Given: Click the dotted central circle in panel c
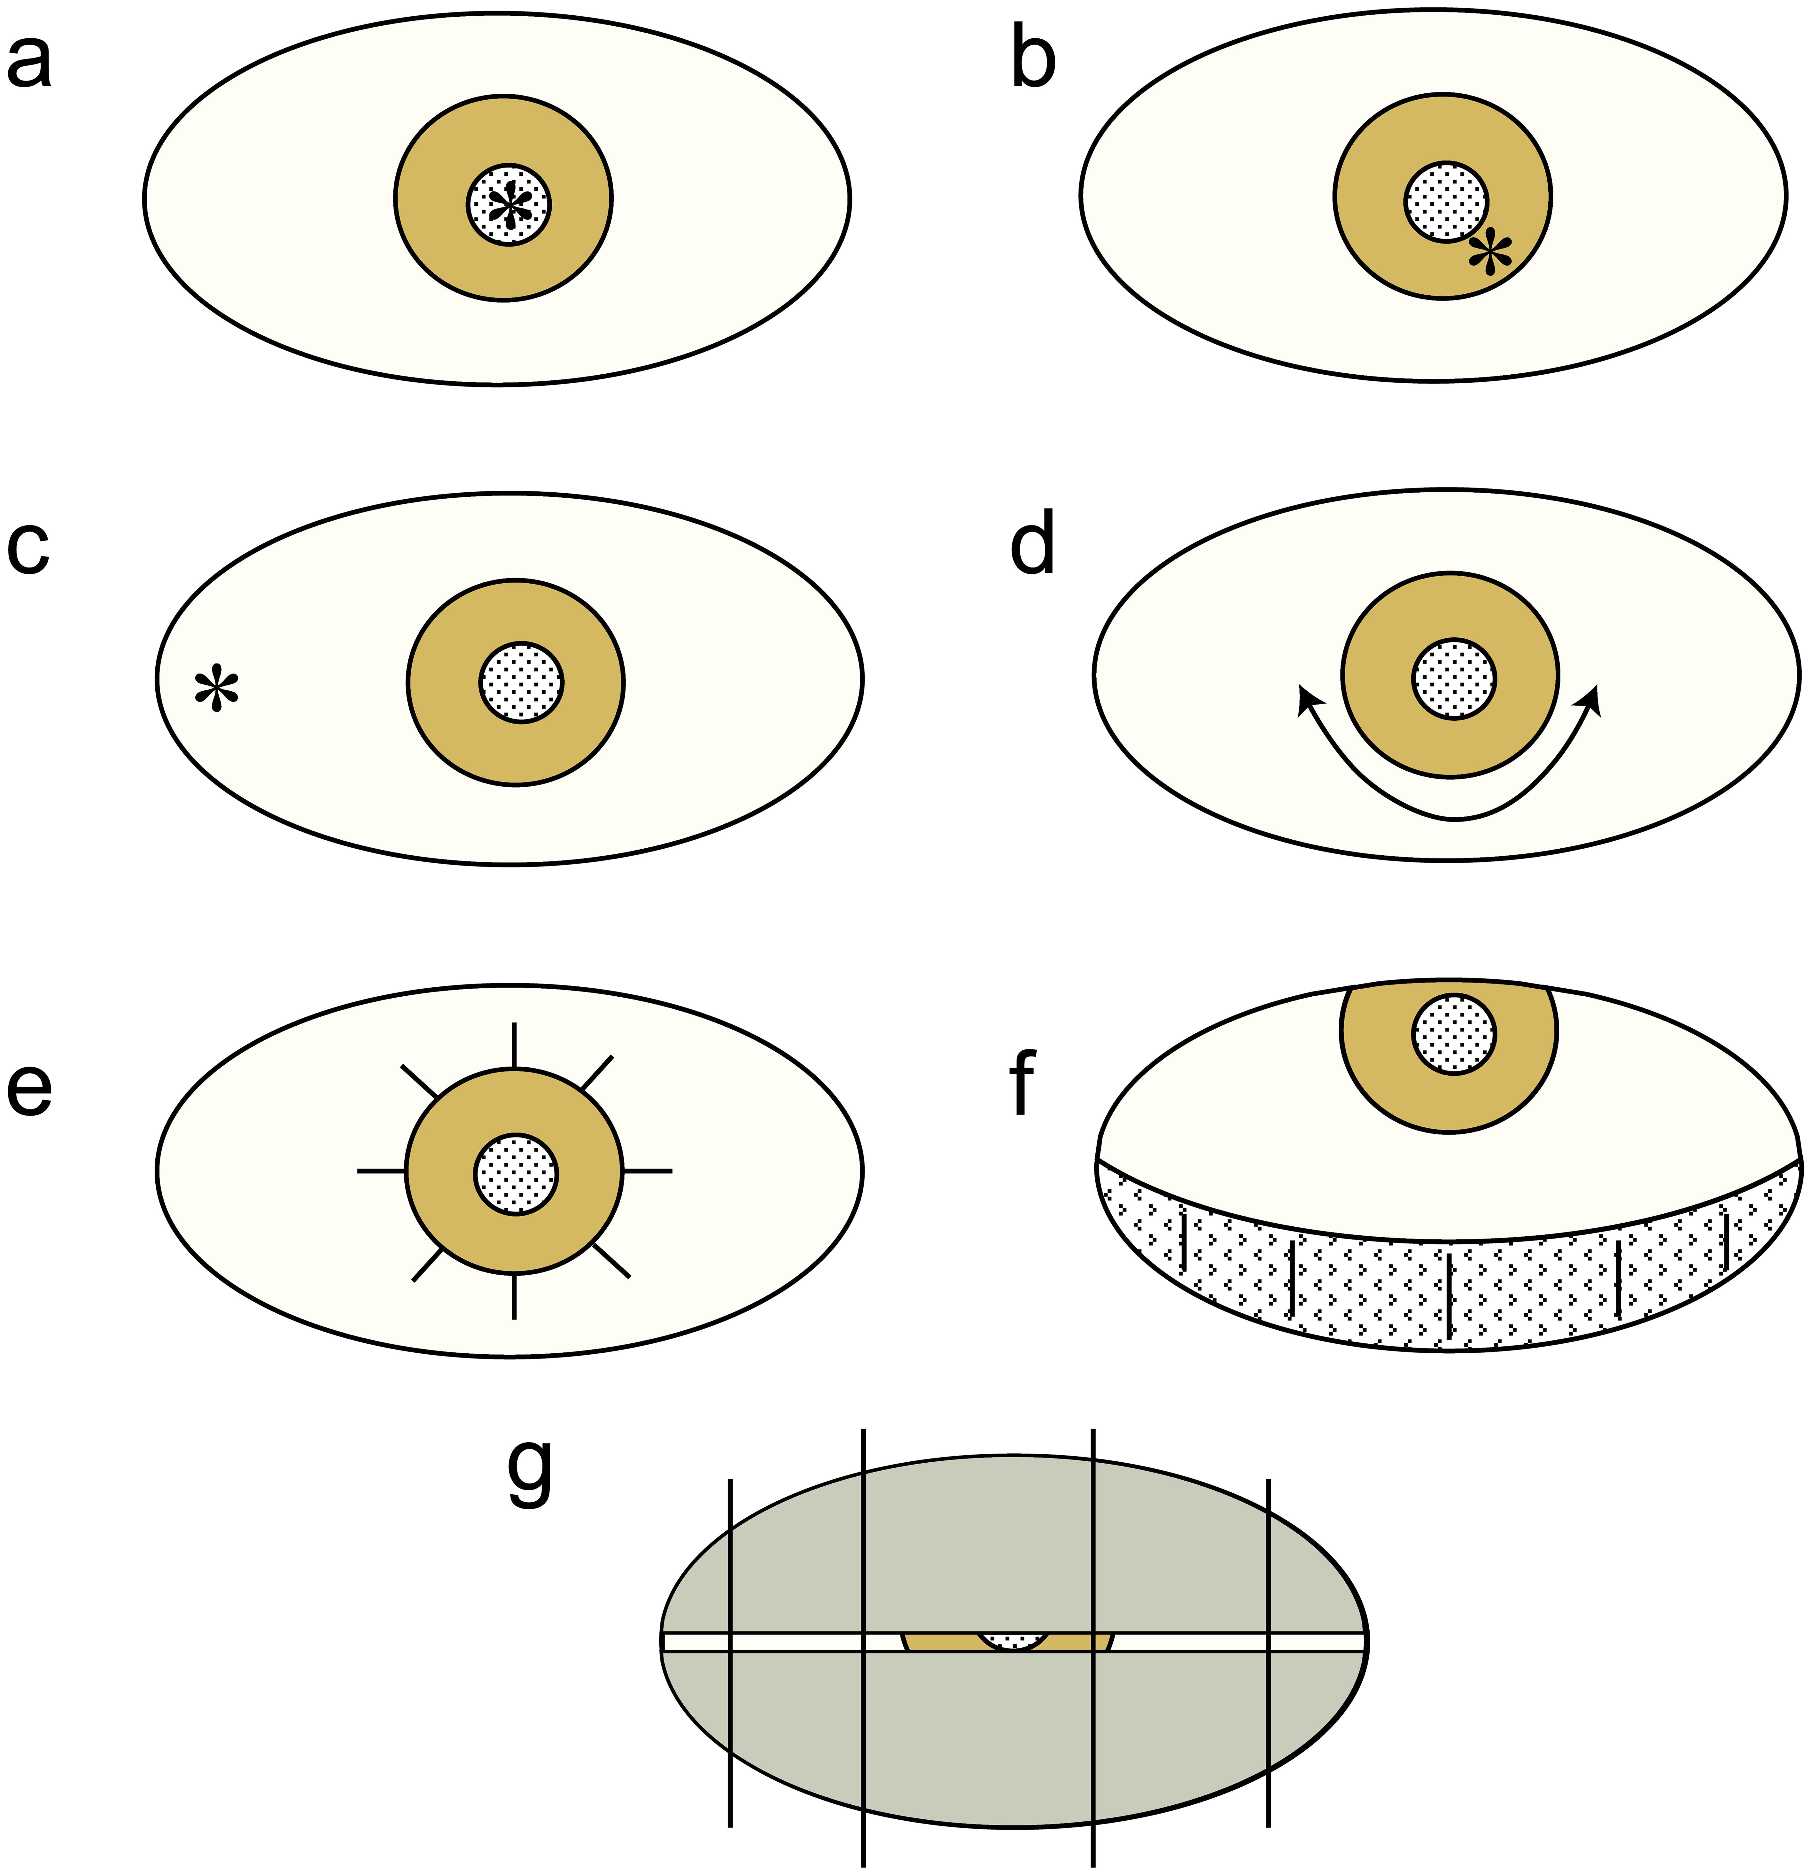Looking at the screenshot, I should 521,682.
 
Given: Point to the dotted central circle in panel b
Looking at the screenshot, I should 1446,201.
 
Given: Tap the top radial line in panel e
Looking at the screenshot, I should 515,1046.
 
